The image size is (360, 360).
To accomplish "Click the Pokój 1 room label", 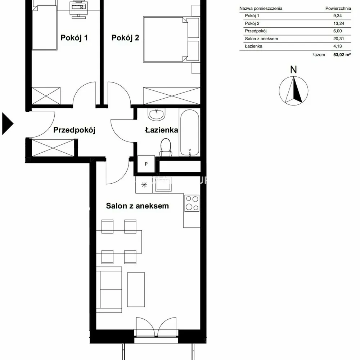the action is tap(74, 38).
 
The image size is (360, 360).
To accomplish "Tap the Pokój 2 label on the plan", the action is tap(125, 38).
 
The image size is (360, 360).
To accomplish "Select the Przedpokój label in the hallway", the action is tap(74, 130).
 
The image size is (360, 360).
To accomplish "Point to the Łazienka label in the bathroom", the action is tap(162, 130).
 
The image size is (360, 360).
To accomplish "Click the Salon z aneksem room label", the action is tap(137, 206).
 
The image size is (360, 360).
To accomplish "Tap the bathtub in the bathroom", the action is tap(190, 133).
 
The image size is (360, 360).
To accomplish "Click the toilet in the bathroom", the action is tap(166, 147).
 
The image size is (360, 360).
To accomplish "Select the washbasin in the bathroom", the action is tap(156, 114).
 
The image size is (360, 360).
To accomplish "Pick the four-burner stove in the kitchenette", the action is tap(192, 203).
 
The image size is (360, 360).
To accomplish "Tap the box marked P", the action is tap(146, 164).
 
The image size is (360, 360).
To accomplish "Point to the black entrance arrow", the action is tap(8, 123).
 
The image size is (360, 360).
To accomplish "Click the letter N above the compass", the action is tap(293, 69).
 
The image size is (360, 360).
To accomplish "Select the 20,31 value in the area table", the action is tap(339, 39).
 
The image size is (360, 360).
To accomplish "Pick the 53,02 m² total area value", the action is tap(342, 55).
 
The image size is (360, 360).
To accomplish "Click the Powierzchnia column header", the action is tap(338, 9).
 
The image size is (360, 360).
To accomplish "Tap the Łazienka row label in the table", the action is tap(253, 46).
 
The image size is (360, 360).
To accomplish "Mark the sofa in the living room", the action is tap(109, 289).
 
